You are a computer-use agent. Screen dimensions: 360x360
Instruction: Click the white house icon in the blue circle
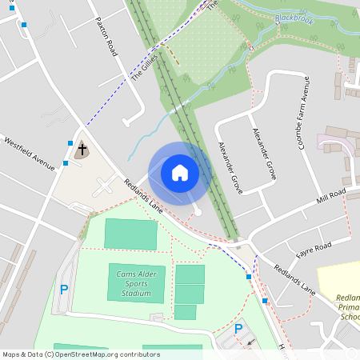coord(179,172)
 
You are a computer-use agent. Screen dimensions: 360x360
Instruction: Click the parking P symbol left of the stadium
coord(63,290)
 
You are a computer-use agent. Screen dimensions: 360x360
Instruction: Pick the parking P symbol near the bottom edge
coord(238,329)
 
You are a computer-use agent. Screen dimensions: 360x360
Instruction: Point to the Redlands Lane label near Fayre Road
coord(294,281)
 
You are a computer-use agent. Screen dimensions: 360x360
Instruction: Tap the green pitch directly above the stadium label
coord(132,234)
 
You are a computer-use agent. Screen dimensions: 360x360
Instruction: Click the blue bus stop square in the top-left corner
coord(25,26)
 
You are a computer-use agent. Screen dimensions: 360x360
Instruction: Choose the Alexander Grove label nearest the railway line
coord(230,168)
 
